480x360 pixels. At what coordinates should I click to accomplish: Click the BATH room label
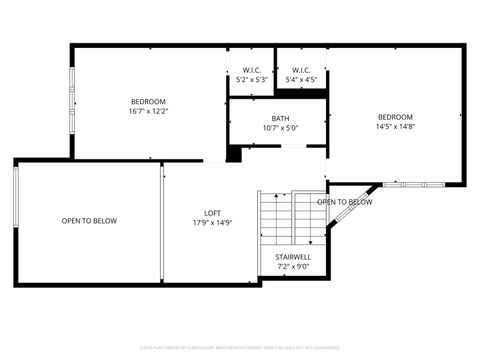pyautogui.click(x=280, y=118)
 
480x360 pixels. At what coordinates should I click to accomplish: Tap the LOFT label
pyautogui.click(x=212, y=213)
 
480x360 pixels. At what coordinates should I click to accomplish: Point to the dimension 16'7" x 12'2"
pyautogui.click(x=148, y=111)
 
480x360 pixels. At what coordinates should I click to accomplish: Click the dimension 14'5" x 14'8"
pyautogui.click(x=395, y=127)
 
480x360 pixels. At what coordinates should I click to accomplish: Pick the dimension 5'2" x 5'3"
pyautogui.click(x=251, y=79)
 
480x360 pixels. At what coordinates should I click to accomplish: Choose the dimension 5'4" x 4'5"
pyautogui.click(x=301, y=79)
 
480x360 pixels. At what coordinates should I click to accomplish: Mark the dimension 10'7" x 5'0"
pyautogui.click(x=280, y=128)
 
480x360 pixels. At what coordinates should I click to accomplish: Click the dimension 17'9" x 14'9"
pyautogui.click(x=212, y=223)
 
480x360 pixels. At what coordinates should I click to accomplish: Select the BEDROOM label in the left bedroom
pyautogui.click(x=148, y=101)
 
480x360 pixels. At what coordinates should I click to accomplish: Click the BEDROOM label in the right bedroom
pyautogui.click(x=395, y=117)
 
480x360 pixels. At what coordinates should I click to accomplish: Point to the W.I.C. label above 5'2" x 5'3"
pyautogui.click(x=251, y=70)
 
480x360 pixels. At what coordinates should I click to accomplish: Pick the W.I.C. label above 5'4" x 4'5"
pyautogui.click(x=301, y=70)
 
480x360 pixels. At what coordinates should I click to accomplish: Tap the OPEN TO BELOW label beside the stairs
pyautogui.click(x=345, y=202)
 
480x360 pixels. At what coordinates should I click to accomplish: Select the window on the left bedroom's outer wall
pyautogui.click(x=71, y=102)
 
